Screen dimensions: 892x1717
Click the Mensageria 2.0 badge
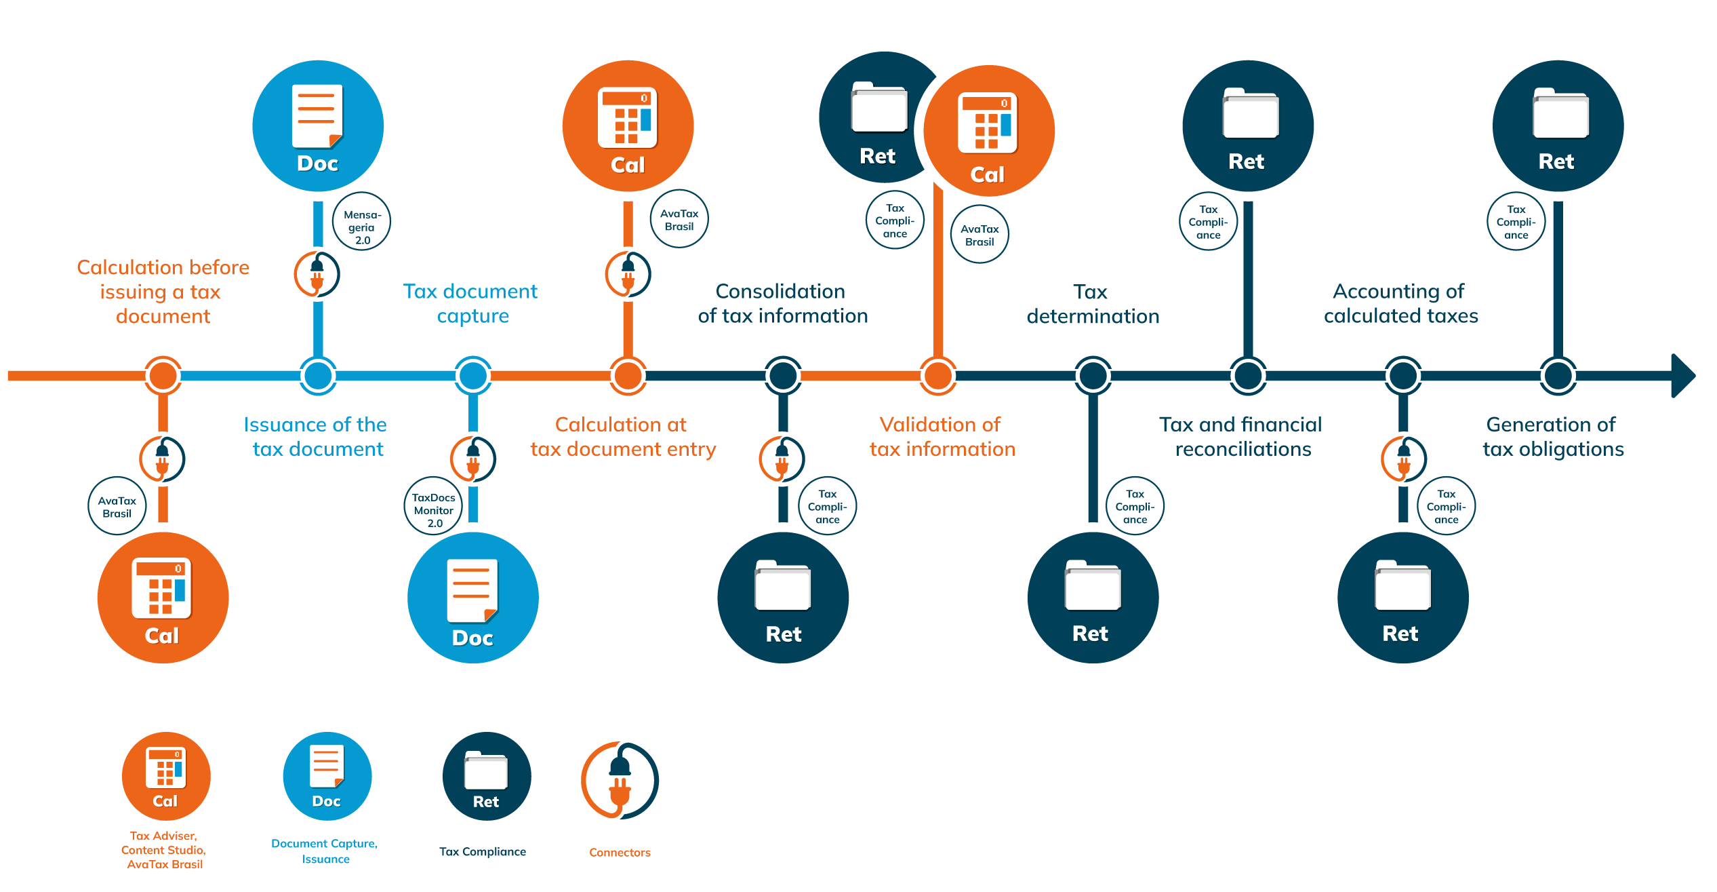pos(362,222)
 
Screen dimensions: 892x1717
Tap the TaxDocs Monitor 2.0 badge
pos(433,506)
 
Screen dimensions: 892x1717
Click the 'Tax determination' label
pos(1092,304)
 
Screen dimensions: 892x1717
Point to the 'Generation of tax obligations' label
pos(1552,437)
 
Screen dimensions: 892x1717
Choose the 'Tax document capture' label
pos(471,303)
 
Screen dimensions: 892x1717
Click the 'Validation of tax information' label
pos(942,437)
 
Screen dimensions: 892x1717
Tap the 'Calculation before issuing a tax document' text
pos(163,292)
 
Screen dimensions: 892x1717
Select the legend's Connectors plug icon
pos(620,781)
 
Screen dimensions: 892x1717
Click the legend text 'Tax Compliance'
pos(482,852)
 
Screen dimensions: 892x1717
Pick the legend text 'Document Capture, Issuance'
pos(325,851)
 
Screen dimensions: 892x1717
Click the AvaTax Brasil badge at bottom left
pos(117,506)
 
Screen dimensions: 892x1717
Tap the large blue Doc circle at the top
pos(318,126)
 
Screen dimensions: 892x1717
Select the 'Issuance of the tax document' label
pos(316,437)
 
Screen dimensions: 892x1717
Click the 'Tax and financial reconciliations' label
pos(1241,437)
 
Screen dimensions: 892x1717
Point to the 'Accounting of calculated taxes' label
pos(1400,303)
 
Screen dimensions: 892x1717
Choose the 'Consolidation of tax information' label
pos(782,303)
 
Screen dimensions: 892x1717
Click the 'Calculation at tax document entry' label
pos(622,437)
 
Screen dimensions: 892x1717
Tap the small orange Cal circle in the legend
pos(166,776)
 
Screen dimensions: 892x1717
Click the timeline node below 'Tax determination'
pos(1093,376)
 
